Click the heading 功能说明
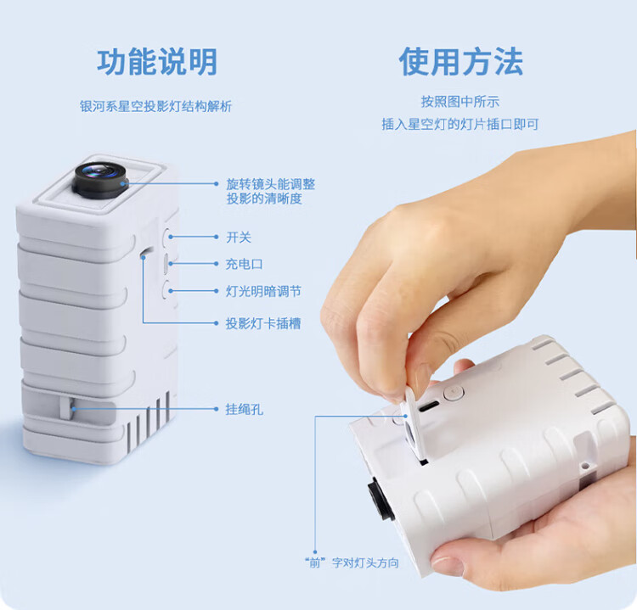(x=157, y=62)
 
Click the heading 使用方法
(x=460, y=61)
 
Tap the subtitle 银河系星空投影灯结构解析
(x=155, y=106)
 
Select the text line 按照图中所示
(x=459, y=102)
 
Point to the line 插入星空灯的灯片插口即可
(x=459, y=124)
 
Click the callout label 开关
(x=239, y=238)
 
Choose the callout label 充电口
(x=244, y=264)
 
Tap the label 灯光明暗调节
(x=263, y=291)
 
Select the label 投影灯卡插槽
(x=263, y=323)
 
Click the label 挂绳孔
(x=244, y=409)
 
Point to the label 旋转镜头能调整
(x=271, y=184)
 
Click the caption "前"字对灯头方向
(x=352, y=563)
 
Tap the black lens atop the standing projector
(x=100, y=180)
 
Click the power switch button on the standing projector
(x=168, y=237)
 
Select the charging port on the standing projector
(x=166, y=264)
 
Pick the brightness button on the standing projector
(x=167, y=291)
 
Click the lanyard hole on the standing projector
(x=66, y=407)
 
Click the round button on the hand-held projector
(x=454, y=393)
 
